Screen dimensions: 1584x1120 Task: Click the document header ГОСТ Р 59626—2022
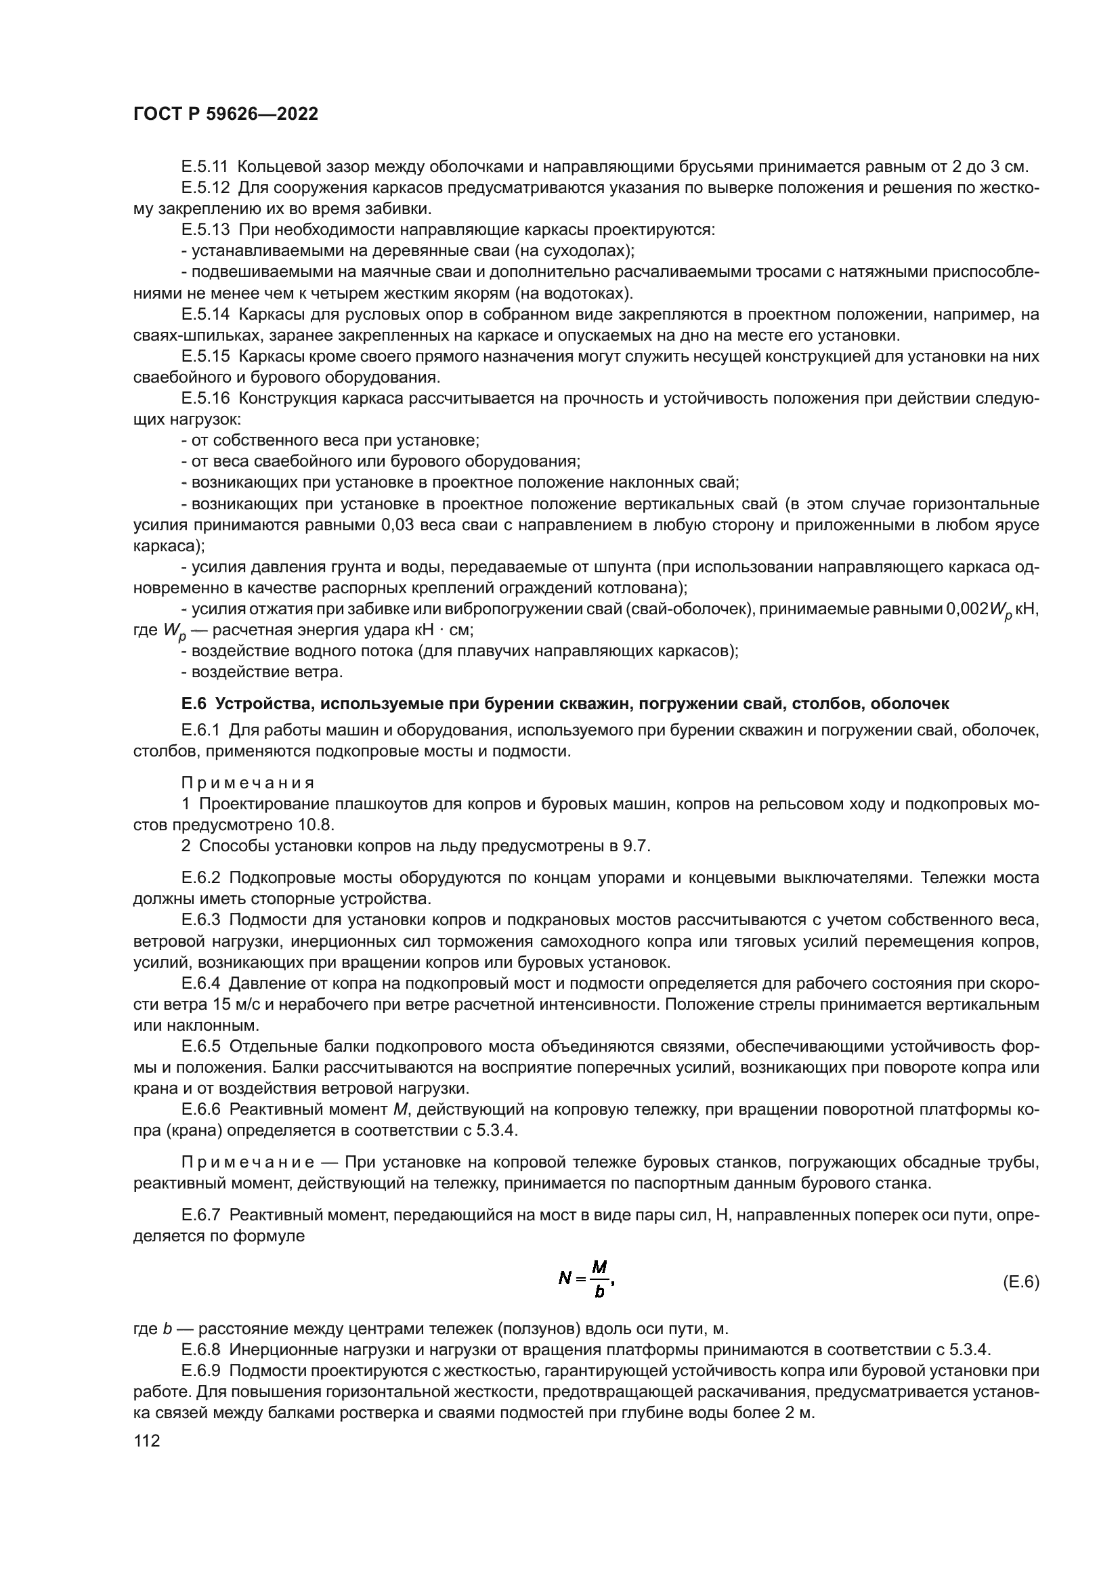(225, 114)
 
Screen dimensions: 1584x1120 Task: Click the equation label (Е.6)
(1020, 1282)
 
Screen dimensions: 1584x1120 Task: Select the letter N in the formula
(565, 1279)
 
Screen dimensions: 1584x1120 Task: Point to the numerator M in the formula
(599, 1266)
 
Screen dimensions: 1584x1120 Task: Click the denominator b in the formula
(599, 1292)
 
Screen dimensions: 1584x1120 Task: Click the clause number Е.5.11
(204, 167)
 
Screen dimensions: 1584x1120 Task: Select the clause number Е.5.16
(204, 398)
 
